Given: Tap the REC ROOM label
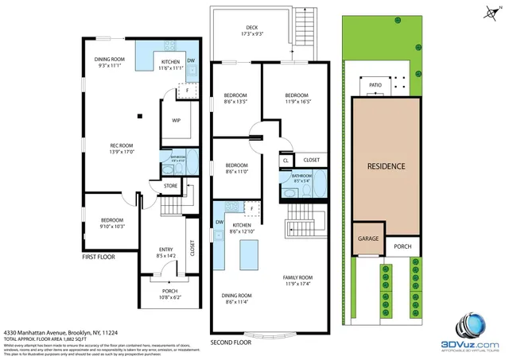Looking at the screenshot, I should (x=122, y=145).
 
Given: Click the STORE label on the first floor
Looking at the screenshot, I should (x=171, y=185).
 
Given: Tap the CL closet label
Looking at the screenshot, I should (x=285, y=161).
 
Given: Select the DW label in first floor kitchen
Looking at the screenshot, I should (x=191, y=61).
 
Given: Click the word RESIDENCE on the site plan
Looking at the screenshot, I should (x=387, y=166).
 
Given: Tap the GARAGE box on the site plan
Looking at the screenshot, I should (x=367, y=238).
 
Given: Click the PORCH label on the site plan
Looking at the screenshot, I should (x=402, y=246).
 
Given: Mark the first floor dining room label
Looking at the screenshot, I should (x=111, y=59).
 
